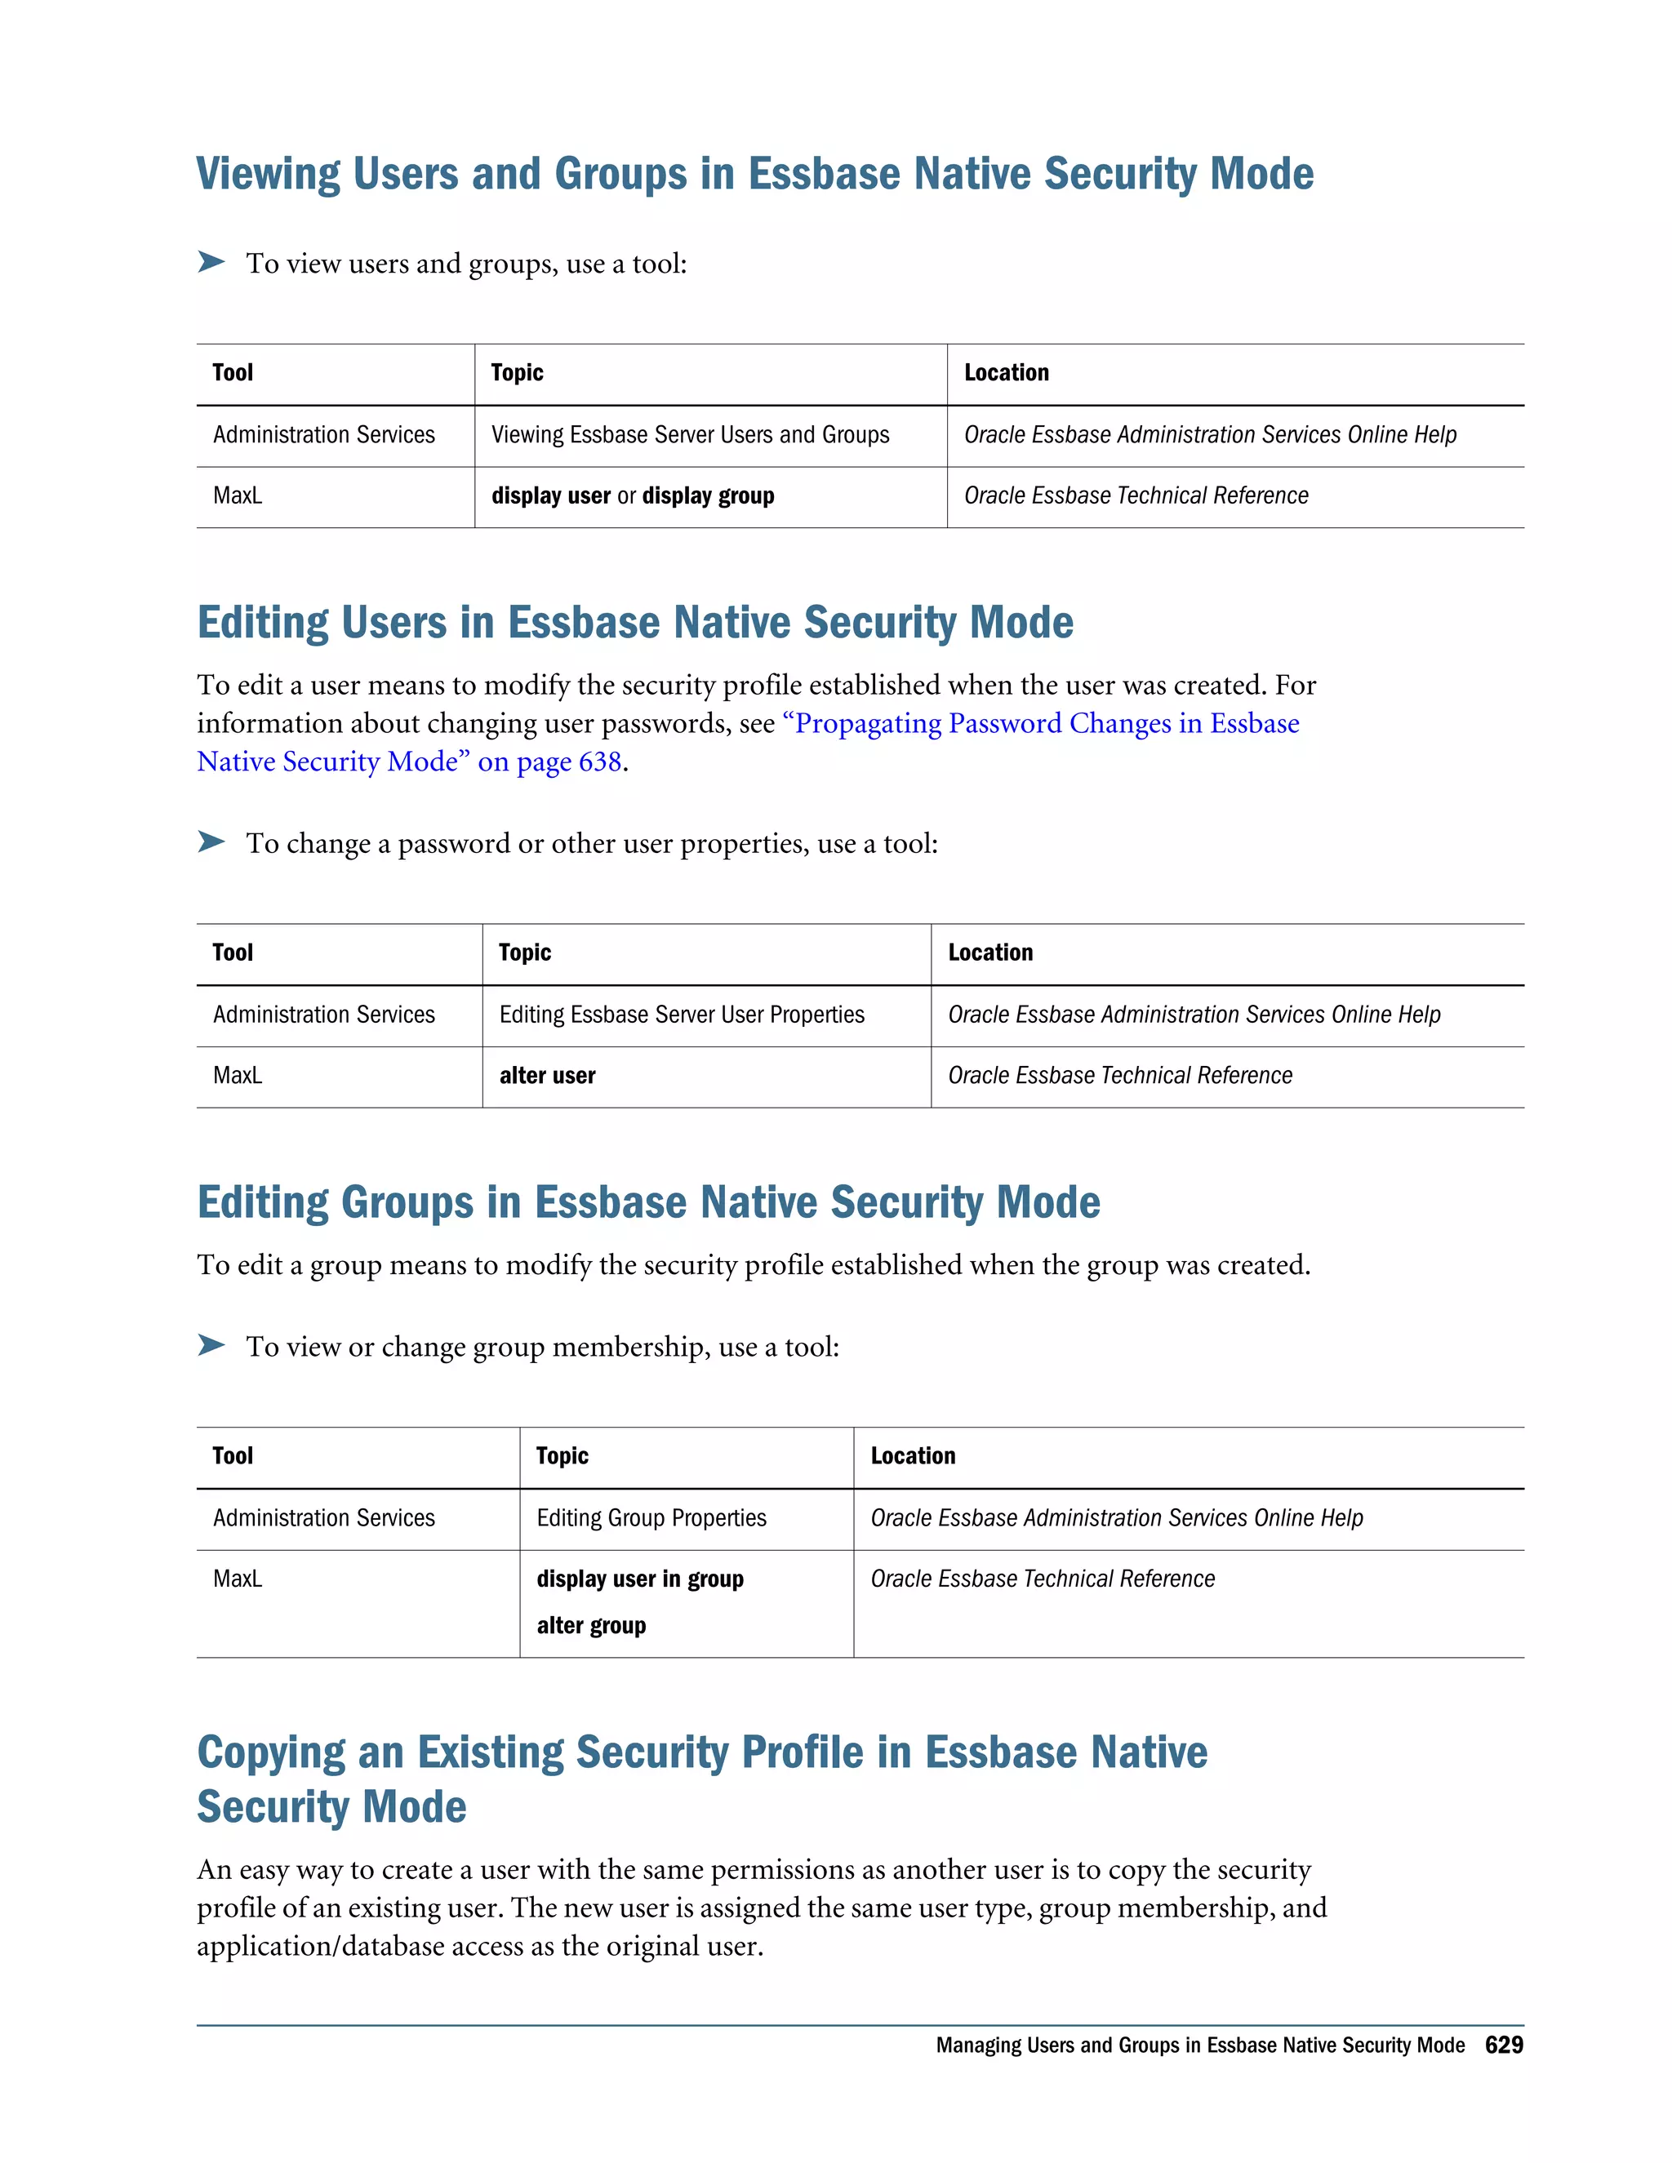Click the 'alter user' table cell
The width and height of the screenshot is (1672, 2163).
tap(547, 1076)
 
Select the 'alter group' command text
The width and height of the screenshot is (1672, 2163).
tap(590, 1625)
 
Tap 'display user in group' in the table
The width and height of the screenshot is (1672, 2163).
tap(640, 1579)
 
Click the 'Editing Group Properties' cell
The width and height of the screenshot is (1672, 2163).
tap(651, 1518)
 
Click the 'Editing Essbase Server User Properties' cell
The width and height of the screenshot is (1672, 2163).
tap(682, 1015)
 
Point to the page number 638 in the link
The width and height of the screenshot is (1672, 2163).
tap(599, 762)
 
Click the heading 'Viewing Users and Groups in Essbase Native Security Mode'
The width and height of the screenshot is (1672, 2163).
tap(755, 175)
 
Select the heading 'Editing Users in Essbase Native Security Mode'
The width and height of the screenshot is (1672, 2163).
tap(635, 623)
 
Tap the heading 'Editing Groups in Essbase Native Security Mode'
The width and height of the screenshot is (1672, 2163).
tap(649, 1202)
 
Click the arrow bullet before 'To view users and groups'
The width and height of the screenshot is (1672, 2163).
tap(211, 263)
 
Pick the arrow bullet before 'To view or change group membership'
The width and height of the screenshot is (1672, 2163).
tap(211, 1345)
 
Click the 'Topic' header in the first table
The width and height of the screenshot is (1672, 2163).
tap(517, 373)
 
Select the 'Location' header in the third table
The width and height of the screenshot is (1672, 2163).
tap(912, 1456)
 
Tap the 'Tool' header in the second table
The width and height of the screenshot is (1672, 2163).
tap(233, 953)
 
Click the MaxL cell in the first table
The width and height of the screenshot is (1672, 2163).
tap(238, 496)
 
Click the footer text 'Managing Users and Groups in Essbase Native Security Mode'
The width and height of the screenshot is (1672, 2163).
tap(1199, 2045)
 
